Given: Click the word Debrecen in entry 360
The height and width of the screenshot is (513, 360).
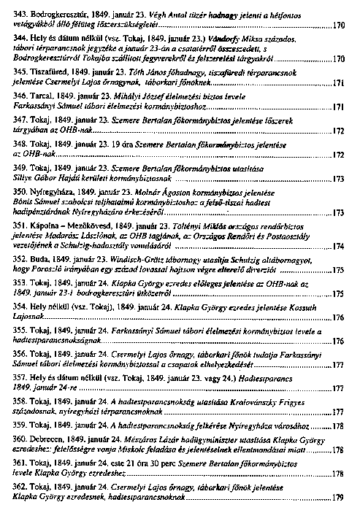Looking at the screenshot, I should coord(53,442).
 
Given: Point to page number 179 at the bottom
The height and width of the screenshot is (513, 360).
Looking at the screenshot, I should coord(337,498).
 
